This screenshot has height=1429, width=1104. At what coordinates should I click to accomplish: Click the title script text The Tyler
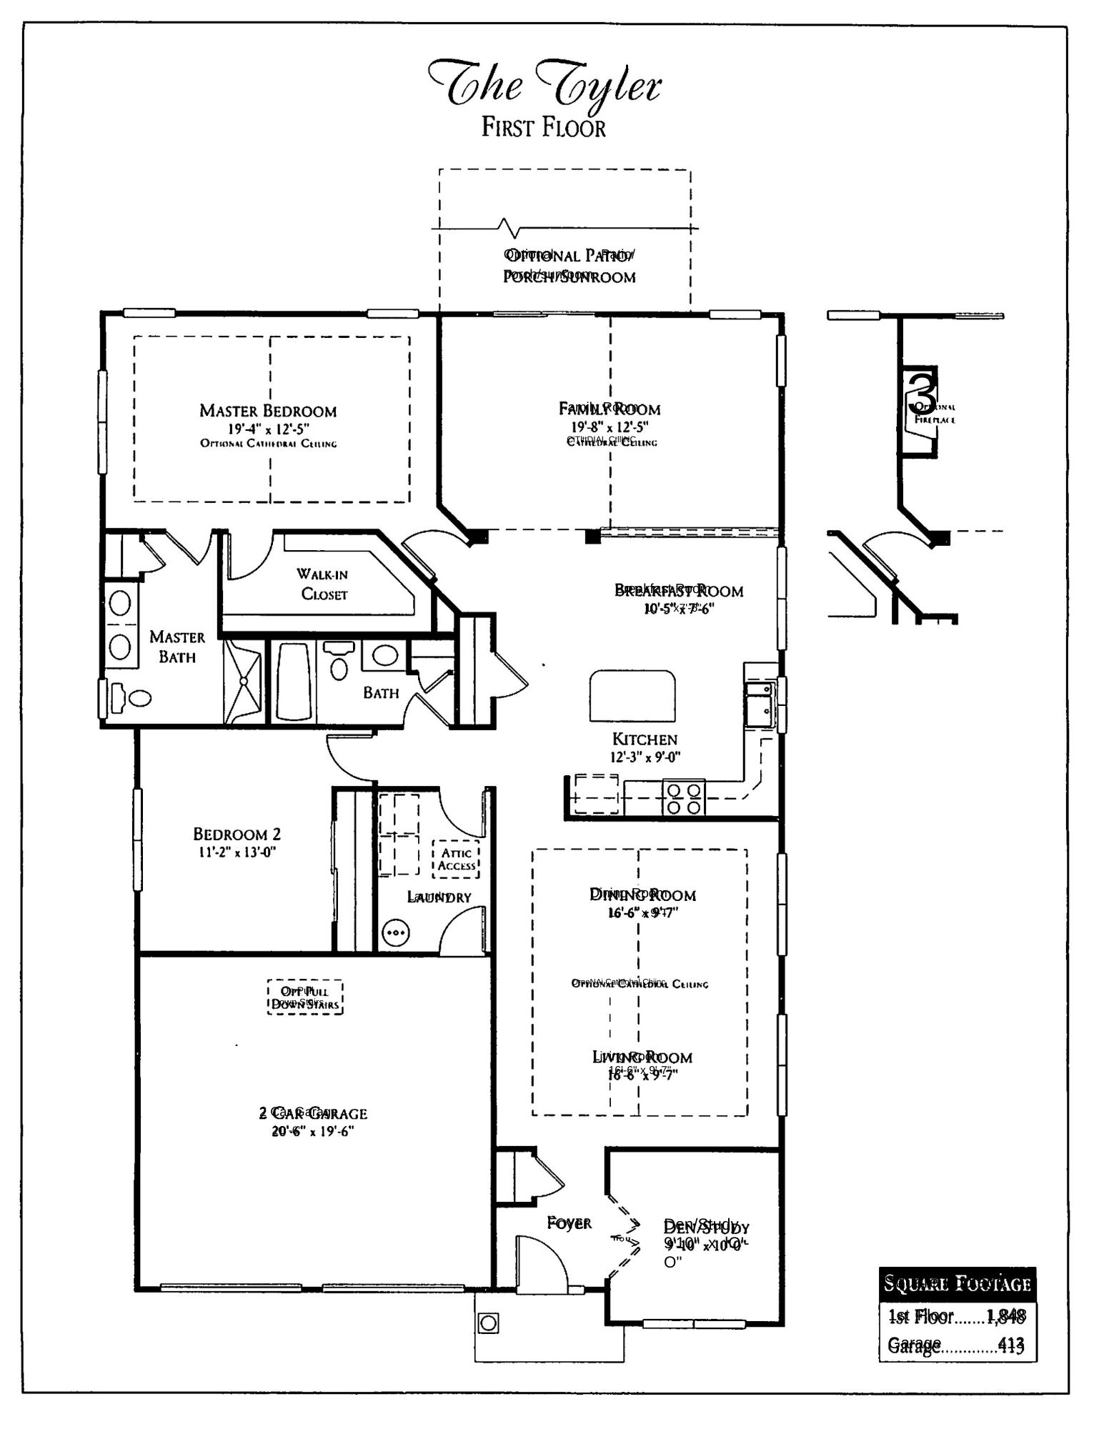pyautogui.click(x=544, y=86)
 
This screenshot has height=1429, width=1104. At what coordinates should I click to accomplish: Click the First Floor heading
pyautogui.click(x=543, y=128)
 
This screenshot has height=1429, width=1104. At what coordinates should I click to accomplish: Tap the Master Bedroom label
pyautogui.click(x=268, y=411)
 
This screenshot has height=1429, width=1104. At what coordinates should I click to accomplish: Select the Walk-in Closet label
pyautogui.click(x=323, y=584)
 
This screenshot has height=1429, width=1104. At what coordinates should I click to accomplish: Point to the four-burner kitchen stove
pyautogui.click(x=683, y=798)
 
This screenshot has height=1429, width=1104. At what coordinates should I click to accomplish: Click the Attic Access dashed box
pyautogui.click(x=456, y=859)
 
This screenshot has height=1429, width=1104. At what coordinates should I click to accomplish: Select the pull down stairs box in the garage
pyautogui.click(x=306, y=997)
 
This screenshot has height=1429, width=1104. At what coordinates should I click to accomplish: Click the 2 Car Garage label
pyautogui.click(x=312, y=1113)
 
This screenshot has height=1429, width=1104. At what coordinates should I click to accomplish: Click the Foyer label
pyautogui.click(x=569, y=1223)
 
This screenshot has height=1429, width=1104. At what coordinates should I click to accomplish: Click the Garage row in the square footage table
pyautogui.click(x=955, y=1346)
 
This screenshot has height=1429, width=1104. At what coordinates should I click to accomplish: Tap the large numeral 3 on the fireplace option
pyautogui.click(x=923, y=392)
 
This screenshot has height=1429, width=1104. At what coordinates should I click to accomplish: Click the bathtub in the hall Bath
pyautogui.click(x=294, y=682)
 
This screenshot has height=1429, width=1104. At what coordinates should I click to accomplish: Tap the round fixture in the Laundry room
pyautogui.click(x=395, y=932)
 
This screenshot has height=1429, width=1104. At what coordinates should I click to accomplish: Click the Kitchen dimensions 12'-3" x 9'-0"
pyautogui.click(x=645, y=757)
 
